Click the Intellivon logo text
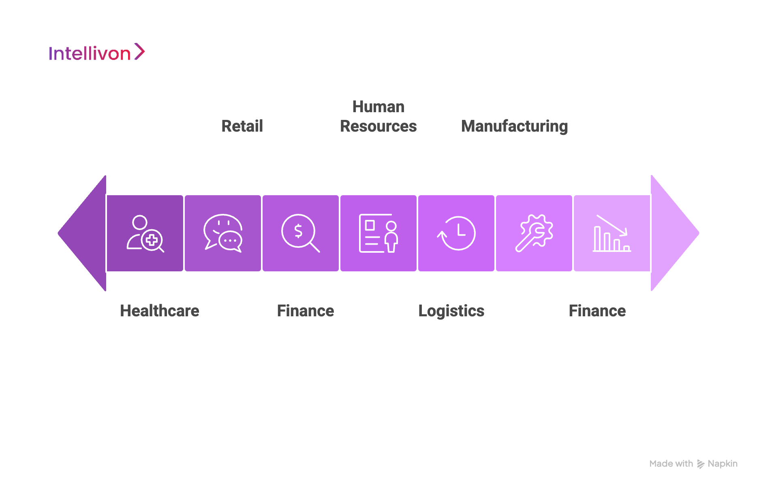(90, 53)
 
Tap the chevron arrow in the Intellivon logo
(139, 52)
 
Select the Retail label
(242, 126)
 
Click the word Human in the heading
(378, 107)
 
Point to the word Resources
(378, 126)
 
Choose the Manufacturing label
(515, 126)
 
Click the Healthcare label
(160, 311)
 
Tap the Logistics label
(451, 311)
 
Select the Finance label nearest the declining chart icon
(597, 311)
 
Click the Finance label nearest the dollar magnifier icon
(306, 311)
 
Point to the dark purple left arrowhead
(83, 233)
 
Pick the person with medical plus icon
(145, 234)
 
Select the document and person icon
(378, 233)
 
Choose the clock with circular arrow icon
(456, 233)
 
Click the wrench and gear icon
(534, 233)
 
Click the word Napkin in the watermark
(723, 464)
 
